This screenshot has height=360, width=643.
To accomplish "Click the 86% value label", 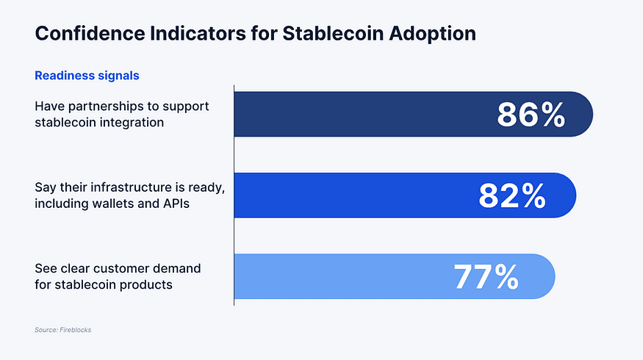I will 531,115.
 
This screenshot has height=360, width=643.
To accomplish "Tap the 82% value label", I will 512,195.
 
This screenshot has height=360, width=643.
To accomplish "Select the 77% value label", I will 486,276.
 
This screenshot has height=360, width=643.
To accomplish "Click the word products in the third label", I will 147,284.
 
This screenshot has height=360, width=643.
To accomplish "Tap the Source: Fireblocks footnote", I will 62,330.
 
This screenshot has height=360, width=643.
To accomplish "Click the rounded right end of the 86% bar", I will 584,115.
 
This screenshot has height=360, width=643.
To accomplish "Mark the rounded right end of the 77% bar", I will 547,276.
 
